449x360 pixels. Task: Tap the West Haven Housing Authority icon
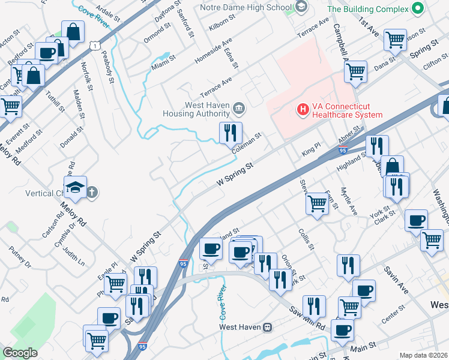[x=239, y=109]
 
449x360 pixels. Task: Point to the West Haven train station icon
[x=268, y=327]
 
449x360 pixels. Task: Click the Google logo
[x=20, y=353]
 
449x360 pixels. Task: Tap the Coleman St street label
[x=247, y=143]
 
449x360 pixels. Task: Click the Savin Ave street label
[x=397, y=281]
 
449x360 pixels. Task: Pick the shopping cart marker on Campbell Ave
[x=356, y=71]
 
